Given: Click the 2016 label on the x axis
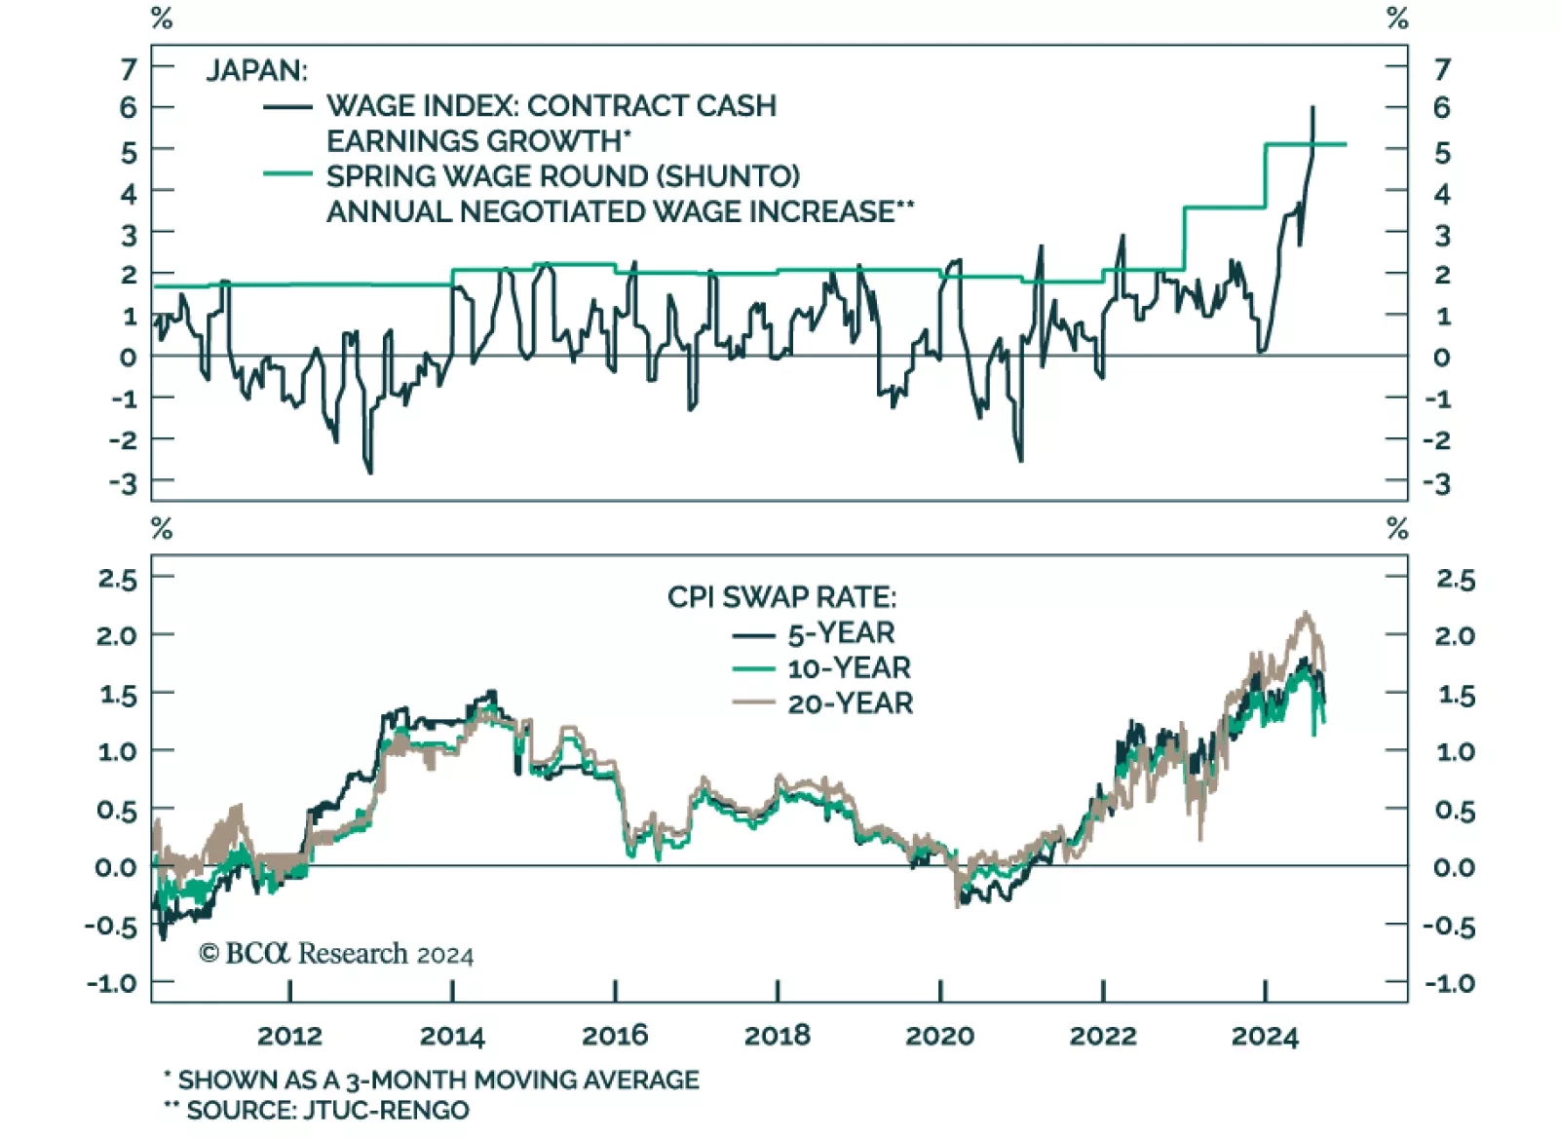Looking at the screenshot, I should (x=615, y=1035).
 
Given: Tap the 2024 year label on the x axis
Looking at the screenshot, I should (x=1265, y=1035).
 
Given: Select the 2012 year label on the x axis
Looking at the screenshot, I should (x=289, y=1035).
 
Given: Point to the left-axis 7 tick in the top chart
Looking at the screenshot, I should (x=129, y=69).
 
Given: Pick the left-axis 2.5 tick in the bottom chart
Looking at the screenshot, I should (x=118, y=579).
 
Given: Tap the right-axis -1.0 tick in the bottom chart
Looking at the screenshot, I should (x=1450, y=983).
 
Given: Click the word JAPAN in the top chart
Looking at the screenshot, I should (x=256, y=70).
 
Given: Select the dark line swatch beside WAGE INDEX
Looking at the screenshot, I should (x=287, y=106).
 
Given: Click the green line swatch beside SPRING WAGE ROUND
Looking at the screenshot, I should (x=287, y=175).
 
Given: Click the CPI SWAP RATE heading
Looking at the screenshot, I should (x=781, y=596).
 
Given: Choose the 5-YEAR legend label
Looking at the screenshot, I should (x=841, y=633).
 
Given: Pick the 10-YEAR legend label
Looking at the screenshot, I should (x=849, y=668).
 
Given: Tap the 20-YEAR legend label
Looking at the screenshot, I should (x=850, y=703).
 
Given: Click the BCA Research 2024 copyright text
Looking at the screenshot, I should (x=336, y=953).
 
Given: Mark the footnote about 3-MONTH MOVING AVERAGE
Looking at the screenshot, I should (x=432, y=1080).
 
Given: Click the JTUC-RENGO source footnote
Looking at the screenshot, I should (x=318, y=1110).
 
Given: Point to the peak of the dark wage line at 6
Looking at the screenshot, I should (x=1312, y=108).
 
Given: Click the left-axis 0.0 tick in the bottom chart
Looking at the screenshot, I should (x=116, y=866).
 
